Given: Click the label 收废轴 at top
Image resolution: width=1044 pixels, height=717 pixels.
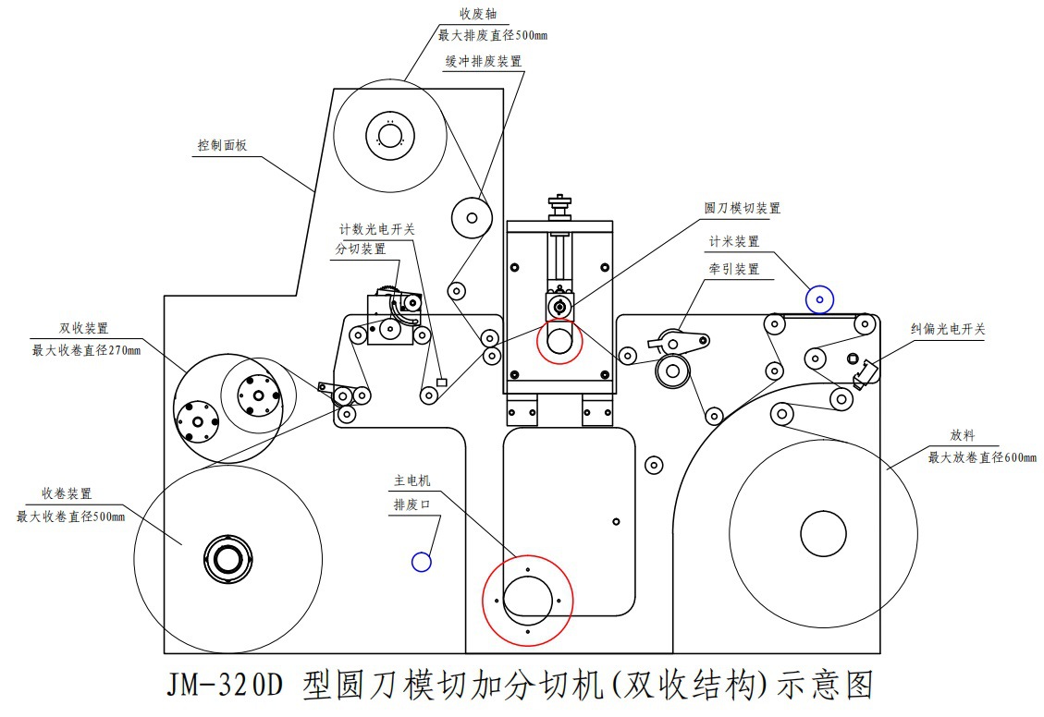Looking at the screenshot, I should (x=480, y=15).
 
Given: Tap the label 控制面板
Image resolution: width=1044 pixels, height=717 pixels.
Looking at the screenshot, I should (x=222, y=146).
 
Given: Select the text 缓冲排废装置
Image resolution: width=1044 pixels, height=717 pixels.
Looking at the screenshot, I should (x=483, y=61).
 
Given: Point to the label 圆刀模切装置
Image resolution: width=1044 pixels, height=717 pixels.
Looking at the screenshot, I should (x=742, y=209).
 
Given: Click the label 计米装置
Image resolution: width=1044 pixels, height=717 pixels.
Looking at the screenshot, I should (x=734, y=241).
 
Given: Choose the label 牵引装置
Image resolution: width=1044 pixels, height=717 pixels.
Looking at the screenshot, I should (x=734, y=269).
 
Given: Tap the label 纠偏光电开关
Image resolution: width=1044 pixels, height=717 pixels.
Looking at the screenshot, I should (x=947, y=328).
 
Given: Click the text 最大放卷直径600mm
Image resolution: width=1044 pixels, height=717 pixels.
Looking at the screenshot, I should (x=982, y=457).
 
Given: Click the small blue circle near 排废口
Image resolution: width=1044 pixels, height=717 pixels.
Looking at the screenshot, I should (x=421, y=561).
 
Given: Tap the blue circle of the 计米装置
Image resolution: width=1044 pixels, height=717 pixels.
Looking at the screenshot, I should (x=819, y=298).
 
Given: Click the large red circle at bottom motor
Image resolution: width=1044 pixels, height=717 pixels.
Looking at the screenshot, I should (x=527, y=600).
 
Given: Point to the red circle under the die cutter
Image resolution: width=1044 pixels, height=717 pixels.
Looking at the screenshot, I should (x=559, y=341).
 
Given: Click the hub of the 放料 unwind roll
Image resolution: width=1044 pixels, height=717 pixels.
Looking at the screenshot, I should (x=823, y=533).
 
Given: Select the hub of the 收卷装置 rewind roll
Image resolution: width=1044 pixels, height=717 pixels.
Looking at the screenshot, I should (x=227, y=559).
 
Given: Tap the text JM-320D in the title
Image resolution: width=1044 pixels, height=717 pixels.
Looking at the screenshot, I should (x=225, y=685).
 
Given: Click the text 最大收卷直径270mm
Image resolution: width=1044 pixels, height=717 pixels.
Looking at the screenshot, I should (x=87, y=350).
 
